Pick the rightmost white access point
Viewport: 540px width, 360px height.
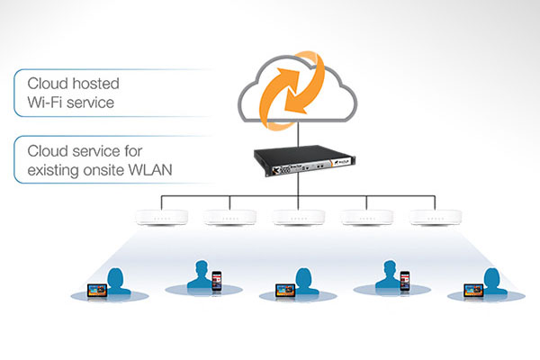429,216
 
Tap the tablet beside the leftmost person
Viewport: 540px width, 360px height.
95,289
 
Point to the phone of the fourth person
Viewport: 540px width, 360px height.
404,281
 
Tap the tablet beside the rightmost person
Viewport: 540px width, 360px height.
470,289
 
